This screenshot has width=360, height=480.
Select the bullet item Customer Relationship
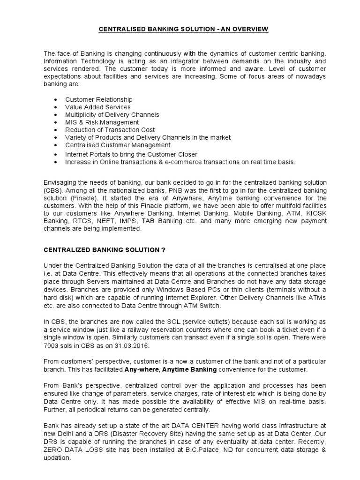98,99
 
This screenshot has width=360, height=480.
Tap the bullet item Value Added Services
97,107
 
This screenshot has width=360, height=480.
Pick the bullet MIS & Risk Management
102,122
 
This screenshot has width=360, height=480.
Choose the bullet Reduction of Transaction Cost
110,130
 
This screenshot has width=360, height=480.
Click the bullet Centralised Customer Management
117,145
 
